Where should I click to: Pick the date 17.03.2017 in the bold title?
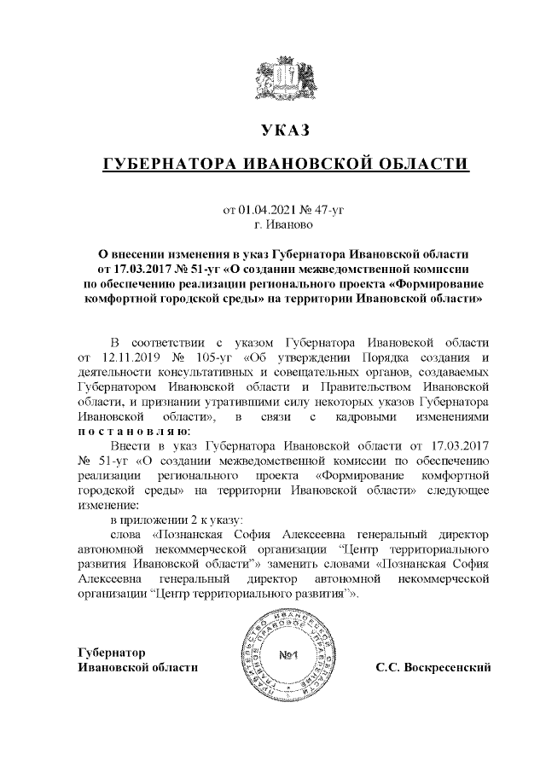[x=148, y=269]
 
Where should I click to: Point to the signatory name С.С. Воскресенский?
[x=433, y=666]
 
